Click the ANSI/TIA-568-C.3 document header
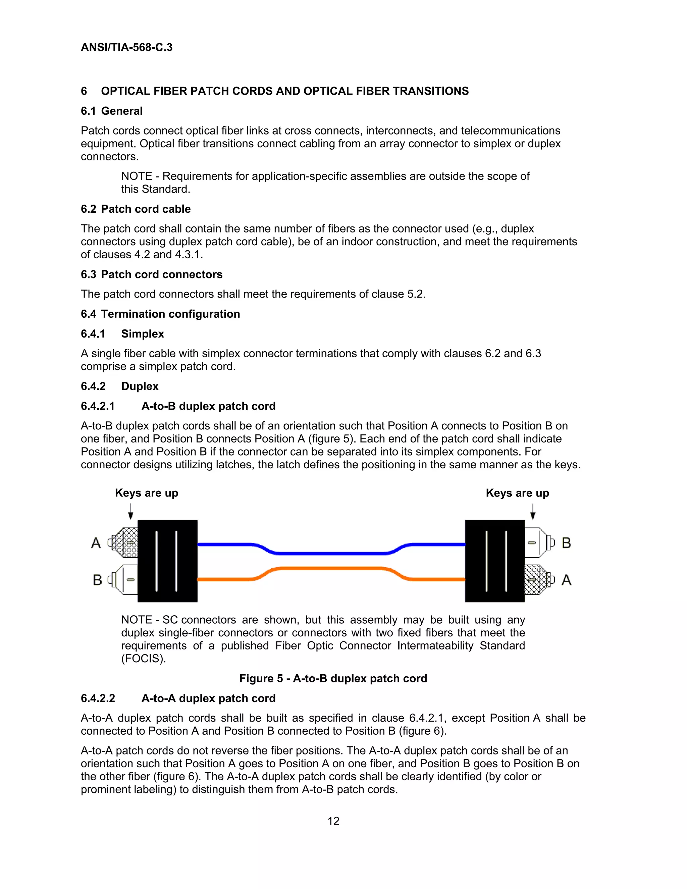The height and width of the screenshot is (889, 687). click(126, 47)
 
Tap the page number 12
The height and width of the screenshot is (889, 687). click(333, 821)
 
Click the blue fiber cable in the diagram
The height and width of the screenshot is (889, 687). click(331, 553)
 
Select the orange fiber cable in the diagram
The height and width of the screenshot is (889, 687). click(331, 569)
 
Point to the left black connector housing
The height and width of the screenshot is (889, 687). click(168, 561)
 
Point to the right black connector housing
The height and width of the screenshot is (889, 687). click(495, 561)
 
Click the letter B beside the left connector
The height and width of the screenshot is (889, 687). click(97, 580)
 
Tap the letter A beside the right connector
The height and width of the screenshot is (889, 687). click(566, 580)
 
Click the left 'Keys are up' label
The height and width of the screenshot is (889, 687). click(147, 493)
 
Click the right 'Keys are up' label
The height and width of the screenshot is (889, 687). click(517, 493)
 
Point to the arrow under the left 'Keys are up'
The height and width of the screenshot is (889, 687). click(130, 511)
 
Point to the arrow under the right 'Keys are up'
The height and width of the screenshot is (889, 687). click(533, 511)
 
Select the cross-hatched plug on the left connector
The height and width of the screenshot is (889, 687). click(126, 542)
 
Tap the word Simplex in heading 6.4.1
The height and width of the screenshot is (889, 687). click(143, 334)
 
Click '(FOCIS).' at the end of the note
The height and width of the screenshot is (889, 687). click(144, 659)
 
